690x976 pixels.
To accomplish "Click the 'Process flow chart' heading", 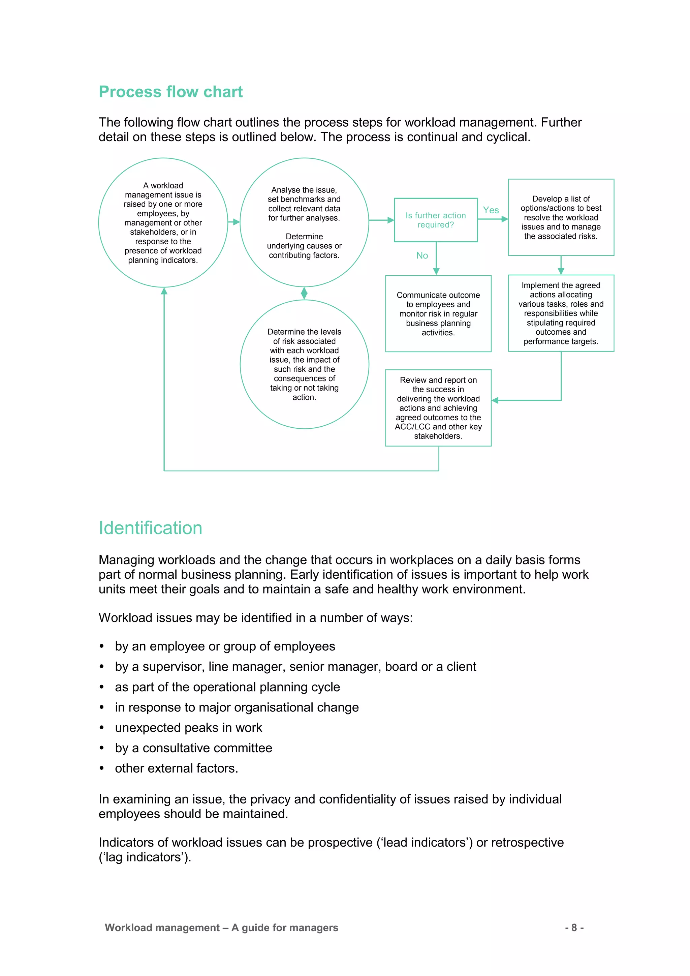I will (170, 92).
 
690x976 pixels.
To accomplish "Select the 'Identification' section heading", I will (150, 528).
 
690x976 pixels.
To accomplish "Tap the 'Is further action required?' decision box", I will (436, 220).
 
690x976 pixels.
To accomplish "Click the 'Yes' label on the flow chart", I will (491, 210).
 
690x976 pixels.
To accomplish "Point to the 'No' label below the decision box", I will (422, 255).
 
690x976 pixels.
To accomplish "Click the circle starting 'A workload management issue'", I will (163, 223).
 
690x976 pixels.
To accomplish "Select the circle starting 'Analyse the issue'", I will (304, 223).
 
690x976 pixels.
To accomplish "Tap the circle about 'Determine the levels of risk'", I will (304, 364).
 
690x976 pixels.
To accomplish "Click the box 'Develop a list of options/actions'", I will (561, 217).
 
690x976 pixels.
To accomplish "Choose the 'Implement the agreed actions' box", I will (561, 313).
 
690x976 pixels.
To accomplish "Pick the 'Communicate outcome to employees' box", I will (438, 314).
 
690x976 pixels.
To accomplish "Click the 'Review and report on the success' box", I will (438, 408).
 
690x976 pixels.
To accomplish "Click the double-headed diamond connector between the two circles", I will (304, 293).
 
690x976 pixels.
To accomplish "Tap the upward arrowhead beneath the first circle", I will (164, 291).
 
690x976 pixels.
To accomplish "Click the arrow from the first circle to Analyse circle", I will (234, 222).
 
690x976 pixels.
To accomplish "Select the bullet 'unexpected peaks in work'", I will (188, 728).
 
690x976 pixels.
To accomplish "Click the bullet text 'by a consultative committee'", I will (193, 748).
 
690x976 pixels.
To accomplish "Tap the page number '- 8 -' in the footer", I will (574, 927).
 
